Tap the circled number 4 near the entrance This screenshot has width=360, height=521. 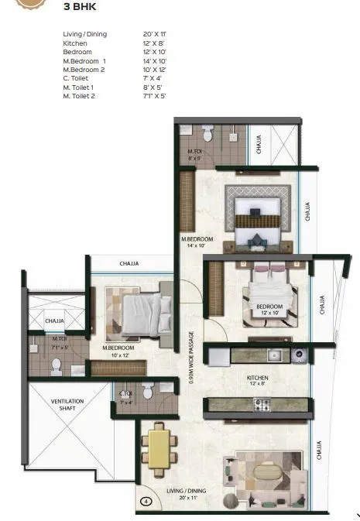tap(145, 501)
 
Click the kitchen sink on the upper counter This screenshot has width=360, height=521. tap(273, 356)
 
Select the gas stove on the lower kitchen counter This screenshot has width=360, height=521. tap(262, 405)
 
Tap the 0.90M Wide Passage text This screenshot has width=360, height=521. tap(190, 358)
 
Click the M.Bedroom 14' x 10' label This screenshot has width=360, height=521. tap(197, 242)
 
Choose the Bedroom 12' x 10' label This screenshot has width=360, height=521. tap(270, 310)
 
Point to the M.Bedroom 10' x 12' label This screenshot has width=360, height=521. tap(118, 351)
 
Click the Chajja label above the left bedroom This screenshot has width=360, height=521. tap(129, 264)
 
